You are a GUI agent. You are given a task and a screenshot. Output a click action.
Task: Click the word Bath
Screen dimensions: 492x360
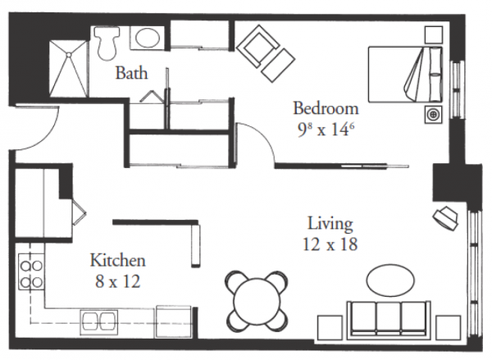click(131, 73)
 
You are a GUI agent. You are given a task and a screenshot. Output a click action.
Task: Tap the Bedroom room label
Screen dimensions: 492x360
click(326, 108)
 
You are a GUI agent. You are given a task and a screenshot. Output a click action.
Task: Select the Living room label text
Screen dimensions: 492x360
click(330, 225)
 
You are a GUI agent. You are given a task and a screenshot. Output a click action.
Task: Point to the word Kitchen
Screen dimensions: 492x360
click(118, 261)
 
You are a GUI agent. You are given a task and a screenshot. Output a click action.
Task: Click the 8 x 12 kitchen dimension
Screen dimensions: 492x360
click(117, 281)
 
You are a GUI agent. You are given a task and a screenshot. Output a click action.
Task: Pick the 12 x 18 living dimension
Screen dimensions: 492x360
click(330, 244)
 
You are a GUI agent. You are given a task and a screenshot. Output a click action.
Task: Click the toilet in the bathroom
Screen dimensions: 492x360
click(107, 43)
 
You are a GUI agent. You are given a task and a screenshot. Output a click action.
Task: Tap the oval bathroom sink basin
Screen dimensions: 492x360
click(147, 38)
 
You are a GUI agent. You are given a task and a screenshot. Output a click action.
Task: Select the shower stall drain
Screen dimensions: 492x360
click(68, 54)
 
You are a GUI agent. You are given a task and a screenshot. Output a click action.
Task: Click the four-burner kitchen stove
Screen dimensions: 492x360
click(31, 271)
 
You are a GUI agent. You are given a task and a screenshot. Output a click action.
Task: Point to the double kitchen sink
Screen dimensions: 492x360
click(99, 322)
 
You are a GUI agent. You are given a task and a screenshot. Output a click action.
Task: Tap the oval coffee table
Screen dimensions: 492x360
click(390, 280)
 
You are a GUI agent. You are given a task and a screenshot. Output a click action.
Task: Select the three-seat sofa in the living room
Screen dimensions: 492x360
click(389, 320)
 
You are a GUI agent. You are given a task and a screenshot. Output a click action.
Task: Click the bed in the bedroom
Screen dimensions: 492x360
click(405, 75)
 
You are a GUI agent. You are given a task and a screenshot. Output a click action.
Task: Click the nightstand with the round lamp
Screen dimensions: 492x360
click(433, 115)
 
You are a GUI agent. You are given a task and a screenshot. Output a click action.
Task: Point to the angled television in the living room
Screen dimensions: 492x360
click(445, 217)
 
